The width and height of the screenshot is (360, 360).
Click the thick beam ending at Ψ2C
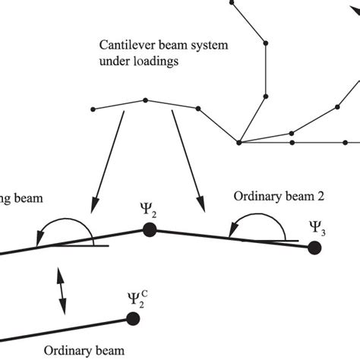68,333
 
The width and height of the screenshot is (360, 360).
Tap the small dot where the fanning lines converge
238,142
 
